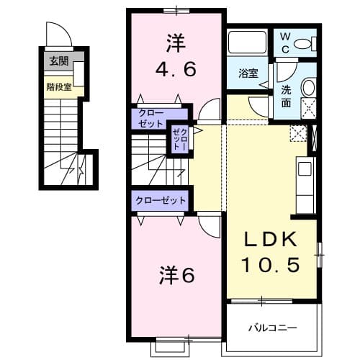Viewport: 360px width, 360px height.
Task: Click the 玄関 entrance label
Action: [58, 61]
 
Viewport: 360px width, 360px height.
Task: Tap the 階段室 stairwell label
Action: [58, 87]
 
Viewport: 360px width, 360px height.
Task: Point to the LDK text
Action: [271, 240]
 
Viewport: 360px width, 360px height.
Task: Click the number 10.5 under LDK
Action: [271, 265]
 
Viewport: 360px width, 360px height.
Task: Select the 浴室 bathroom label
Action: [248, 72]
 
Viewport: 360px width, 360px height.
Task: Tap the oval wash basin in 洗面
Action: [307, 88]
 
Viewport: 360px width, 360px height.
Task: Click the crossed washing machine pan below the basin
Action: [307, 107]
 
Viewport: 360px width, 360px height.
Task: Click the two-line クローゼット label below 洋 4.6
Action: [151, 118]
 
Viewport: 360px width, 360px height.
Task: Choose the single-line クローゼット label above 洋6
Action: [161, 201]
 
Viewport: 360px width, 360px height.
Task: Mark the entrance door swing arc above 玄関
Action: [56, 35]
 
